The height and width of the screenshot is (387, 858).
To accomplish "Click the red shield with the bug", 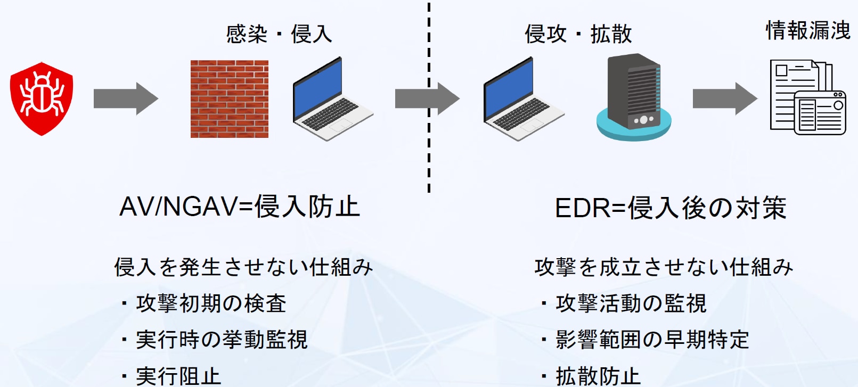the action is (x=42, y=99).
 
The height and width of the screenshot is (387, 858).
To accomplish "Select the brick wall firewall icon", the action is (x=230, y=99).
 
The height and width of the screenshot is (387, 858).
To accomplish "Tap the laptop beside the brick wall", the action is (x=332, y=99).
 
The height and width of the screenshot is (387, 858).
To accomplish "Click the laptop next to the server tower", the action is (x=524, y=99).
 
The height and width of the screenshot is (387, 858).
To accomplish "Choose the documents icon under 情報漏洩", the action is (x=808, y=97).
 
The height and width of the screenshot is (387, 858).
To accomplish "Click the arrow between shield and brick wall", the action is (x=126, y=99).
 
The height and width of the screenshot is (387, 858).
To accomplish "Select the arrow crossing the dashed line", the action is (x=428, y=99).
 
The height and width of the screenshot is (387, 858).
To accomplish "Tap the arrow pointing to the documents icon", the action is (x=725, y=99).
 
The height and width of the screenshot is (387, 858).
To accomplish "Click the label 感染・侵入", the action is (x=279, y=34).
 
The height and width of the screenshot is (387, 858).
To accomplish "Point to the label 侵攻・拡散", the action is (x=578, y=34).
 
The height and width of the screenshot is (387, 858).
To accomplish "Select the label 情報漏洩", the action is (x=808, y=30).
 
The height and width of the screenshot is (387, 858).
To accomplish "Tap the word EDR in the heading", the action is (x=582, y=208).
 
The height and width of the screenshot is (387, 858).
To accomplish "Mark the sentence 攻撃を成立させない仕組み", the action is (x=664, y=267).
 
